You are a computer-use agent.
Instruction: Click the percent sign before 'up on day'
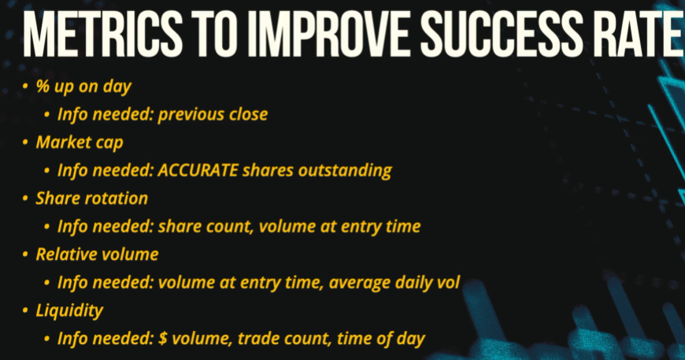click(x=43, y=86)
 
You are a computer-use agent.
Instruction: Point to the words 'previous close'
click(x=213, y=114)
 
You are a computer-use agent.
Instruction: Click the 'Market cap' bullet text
click(x=80, y=143)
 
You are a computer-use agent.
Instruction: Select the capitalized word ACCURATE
click(x=198, y=170)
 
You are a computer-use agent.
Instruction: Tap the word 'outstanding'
click(x=345, y=170)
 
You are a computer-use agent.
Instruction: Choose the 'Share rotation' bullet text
click(x=92, y=199)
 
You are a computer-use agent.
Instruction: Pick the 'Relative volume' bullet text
click(x=97, y=254)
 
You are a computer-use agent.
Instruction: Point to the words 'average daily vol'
click(x=394, y=283)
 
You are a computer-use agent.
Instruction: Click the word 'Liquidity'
click(x=69, y=310)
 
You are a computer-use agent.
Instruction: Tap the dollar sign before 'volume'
click(x=162, y=338)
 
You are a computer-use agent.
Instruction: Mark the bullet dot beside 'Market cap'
click(x=25, y=143)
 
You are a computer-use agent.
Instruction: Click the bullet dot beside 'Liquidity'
click(x=25, y=310)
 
